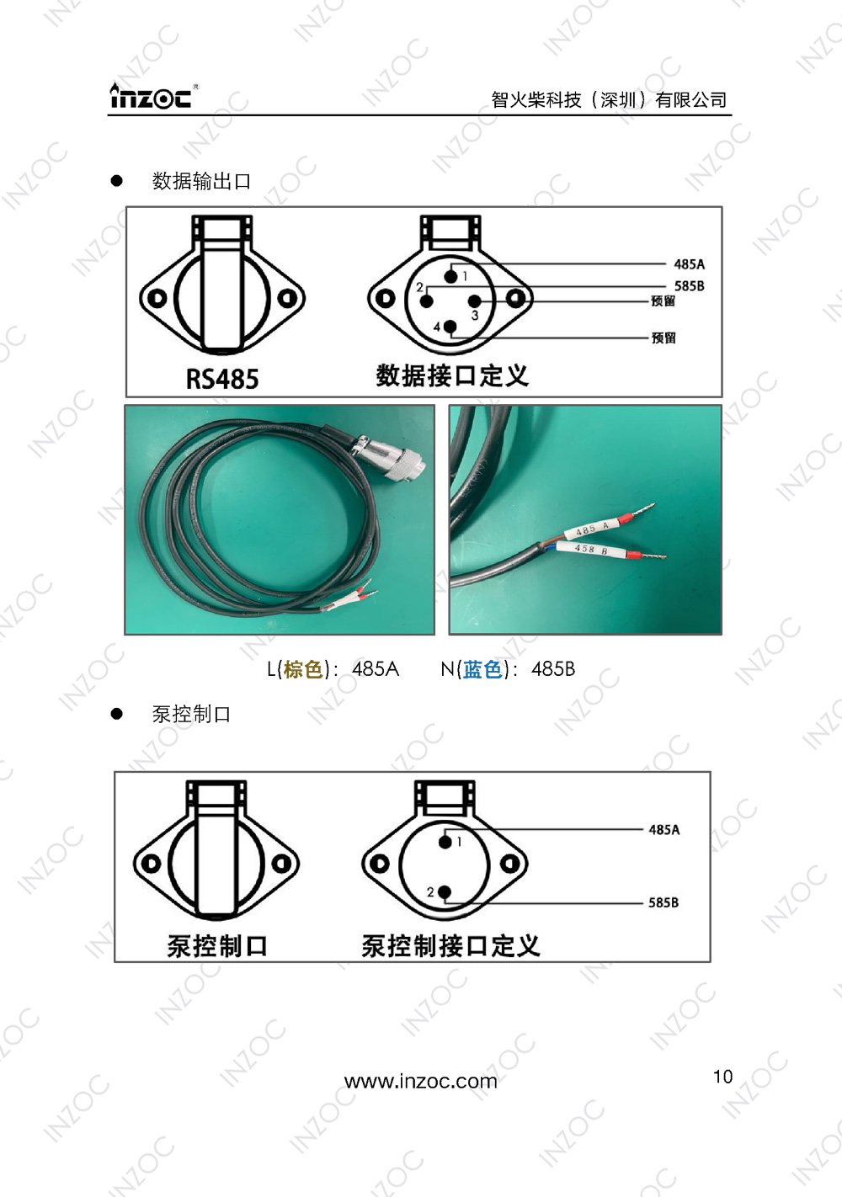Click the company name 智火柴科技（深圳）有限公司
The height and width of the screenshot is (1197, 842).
coord(609,100)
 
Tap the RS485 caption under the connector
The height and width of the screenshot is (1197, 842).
coord(222,379)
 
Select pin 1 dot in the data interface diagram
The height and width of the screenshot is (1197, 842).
coord(451,276)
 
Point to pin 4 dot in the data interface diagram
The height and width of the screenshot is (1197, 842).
coord(450,326)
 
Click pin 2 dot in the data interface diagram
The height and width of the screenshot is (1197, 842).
coord(427,301)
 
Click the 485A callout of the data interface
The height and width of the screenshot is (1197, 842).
coord(689,264)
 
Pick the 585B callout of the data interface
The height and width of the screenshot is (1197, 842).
coord(689,286)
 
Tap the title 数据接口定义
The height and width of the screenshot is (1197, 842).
coord(452,375)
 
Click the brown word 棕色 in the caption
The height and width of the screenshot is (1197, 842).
coord(304,669)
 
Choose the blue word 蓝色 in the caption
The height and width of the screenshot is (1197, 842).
coord(483,669)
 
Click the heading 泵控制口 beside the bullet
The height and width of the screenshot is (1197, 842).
coord(191,715)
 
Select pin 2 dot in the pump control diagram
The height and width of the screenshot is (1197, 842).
coord(445,892)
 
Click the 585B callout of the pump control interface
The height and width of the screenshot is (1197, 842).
coord(663,902)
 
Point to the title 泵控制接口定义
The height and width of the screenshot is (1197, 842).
coord(450,946)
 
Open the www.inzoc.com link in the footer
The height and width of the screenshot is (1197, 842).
coord(421,1081)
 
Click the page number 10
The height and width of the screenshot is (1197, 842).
coord(722,1077)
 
